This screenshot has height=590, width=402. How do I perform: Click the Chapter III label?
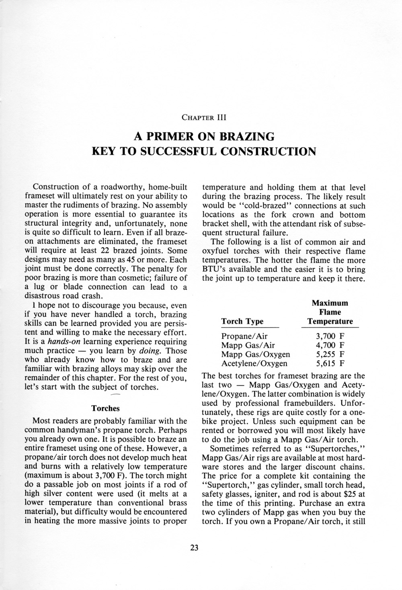click(205, 118)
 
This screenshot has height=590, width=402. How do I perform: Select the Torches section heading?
click(106, 408)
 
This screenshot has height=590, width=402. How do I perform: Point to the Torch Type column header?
click(242, 321)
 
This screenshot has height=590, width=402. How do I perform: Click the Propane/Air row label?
click(244, 336)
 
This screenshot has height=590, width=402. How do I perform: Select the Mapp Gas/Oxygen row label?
click(256, 354)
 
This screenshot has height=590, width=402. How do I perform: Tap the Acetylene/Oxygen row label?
click(254, 364)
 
